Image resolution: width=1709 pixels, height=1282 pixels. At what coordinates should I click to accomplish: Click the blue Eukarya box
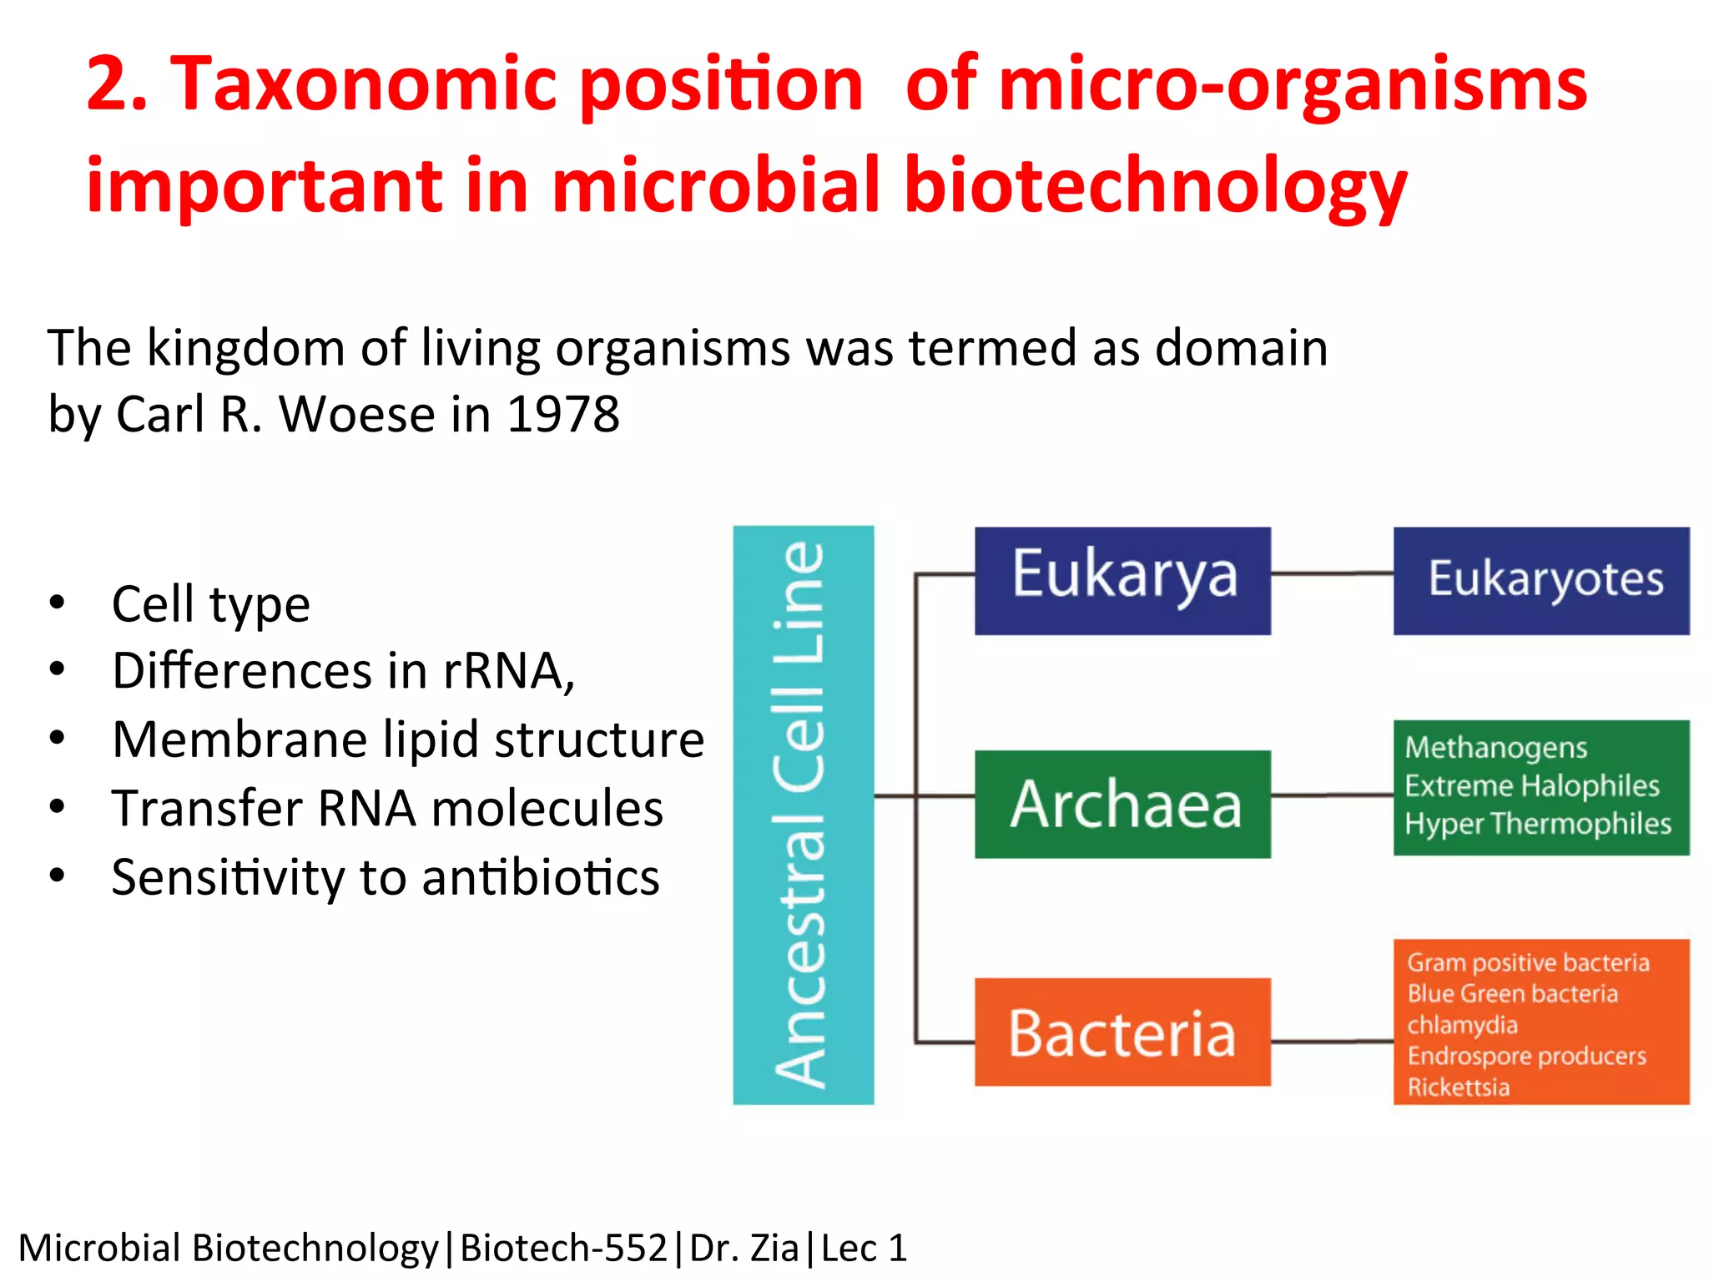[x=1122, y=580]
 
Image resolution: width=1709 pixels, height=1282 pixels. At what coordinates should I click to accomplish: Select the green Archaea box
[x=1122, y=804]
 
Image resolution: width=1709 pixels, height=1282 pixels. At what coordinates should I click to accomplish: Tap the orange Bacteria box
[x=1122, y=1032]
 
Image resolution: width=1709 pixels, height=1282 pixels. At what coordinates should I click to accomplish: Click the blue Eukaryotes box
[x=1541, y=580]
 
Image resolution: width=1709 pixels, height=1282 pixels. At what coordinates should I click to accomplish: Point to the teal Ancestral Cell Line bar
[x=803, y=815]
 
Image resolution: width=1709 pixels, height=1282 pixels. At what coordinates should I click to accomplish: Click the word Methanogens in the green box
[x=1495, y=747]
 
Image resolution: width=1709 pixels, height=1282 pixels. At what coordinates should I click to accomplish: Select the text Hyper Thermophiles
[x=1537, y=824]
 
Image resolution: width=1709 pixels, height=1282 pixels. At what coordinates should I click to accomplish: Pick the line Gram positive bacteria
[x=1528, y=962]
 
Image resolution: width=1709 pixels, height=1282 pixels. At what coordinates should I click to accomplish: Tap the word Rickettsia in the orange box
[x=1458, y=1087]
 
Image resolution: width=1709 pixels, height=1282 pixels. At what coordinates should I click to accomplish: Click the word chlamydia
[x=1462, y=1024]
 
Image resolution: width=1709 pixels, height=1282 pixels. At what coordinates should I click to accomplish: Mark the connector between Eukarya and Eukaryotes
[x=1332, y=573]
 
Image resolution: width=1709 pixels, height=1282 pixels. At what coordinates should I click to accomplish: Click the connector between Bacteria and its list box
[x=1332, y=1042]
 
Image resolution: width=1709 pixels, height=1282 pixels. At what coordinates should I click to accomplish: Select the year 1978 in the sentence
[x=563, y=414]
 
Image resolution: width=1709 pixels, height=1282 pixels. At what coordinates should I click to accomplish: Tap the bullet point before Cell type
[x=57, y=602]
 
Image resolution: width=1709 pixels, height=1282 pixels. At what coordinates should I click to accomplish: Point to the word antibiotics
[x=540, y=878]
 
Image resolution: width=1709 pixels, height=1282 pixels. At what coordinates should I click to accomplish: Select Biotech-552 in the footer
[x=563, y=1249]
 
